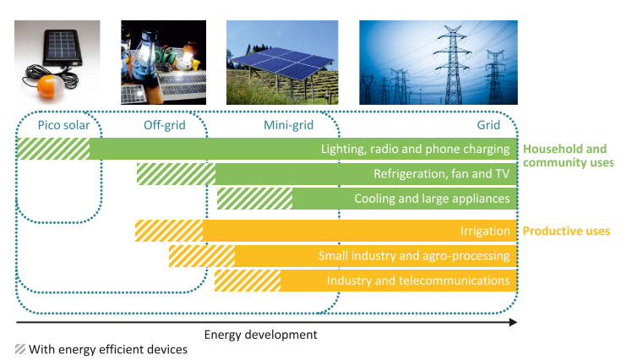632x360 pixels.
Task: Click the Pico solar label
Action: click(x=63, y=125)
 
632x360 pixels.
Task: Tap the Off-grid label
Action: click(x=165, y=125)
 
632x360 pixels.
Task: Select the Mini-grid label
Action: click(x=289, y=125)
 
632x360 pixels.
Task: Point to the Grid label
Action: click(x=488, y=125)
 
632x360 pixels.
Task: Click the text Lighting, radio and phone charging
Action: click(x=415, y=150)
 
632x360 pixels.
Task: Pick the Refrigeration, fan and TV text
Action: click(x=442, y=174)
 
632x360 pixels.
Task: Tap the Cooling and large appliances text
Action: click(x=432, y=199)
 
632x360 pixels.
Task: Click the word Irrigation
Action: click(x=485, y=231)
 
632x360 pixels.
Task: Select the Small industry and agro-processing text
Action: click(x=414, y=255)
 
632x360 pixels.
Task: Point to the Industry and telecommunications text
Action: click(x=418, y=281)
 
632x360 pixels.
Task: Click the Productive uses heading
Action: click(x=566, y=231)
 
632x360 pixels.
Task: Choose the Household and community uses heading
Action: click(x=568, y=155)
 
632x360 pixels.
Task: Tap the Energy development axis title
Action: click(x=261, y=335)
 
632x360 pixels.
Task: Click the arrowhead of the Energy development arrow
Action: click(x=513, y=322)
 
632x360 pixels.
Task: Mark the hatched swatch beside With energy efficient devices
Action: click(x=20, y=349)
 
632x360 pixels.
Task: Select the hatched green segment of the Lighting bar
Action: click(x=53, y=149)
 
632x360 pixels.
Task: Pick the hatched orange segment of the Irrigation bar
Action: click(x=169, y=231)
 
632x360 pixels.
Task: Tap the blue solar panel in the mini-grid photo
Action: click(x=283, y=63)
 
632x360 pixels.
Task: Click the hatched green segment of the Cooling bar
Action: click(x=254, y=199)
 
